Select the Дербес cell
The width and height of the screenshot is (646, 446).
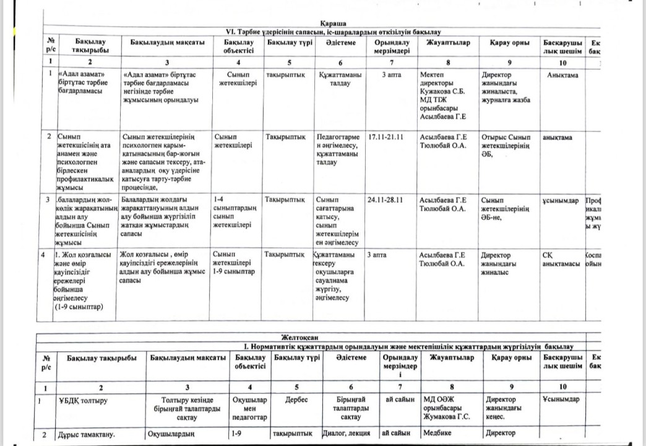(296, 400)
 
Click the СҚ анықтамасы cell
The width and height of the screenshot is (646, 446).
(560, 260)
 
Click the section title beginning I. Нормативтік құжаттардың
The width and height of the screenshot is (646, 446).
(408, 346)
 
